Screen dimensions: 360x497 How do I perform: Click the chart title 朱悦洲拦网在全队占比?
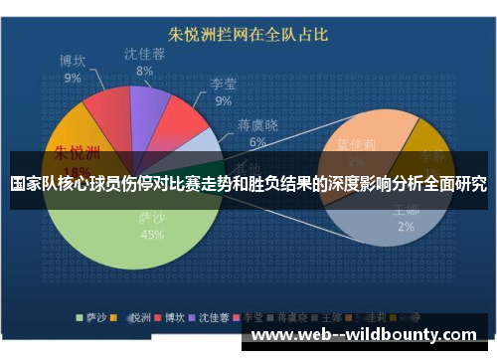tap(248, 36)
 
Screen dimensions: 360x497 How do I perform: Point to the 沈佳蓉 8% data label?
tap(145, 62)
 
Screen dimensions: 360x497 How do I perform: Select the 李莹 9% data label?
tap(223, 92)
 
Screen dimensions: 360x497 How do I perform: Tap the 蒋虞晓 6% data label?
tap(257, 133)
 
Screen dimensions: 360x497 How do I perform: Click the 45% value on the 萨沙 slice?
tap(152, 236)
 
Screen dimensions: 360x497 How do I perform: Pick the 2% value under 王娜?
tap(406, 227)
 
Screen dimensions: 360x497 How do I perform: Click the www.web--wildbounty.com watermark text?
tap(363, 335)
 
